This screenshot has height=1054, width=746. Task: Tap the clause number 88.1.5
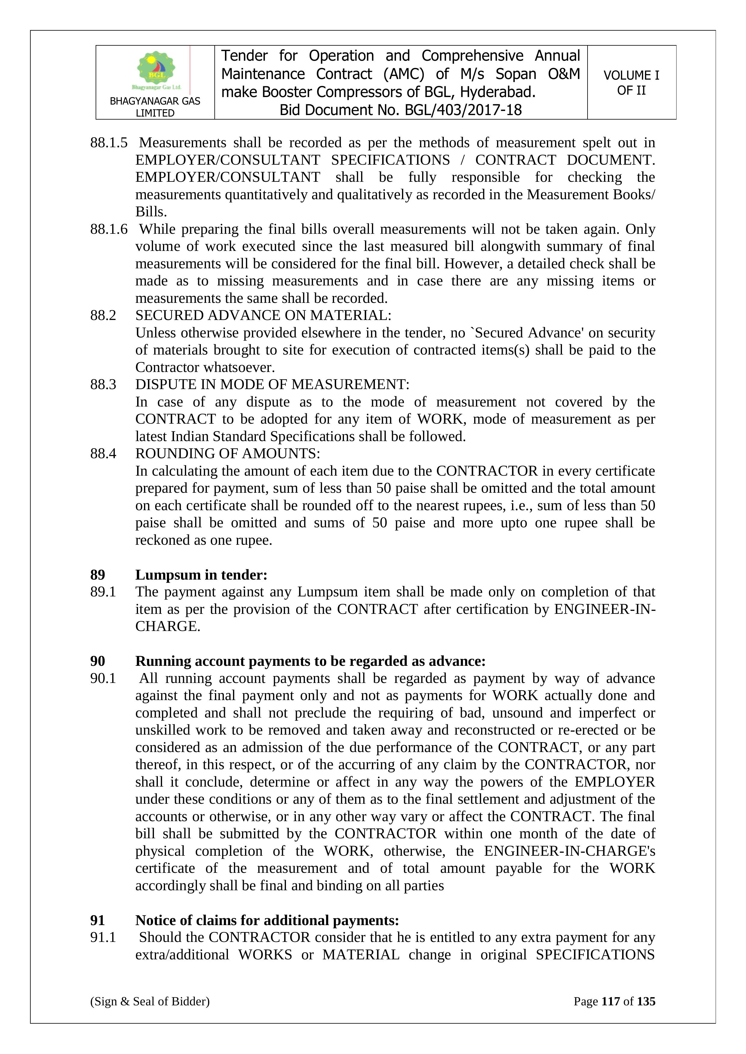(x=109, y=143)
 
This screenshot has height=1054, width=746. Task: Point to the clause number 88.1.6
(x=109, y=229)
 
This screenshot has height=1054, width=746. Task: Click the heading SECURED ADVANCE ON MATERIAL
(x=263, y=315)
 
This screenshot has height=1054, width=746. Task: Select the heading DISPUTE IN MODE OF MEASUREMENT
(x=272, y=384)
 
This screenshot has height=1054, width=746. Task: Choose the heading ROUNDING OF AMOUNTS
(x=227, y=454)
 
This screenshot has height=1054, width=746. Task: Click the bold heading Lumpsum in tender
(x=201, y=575)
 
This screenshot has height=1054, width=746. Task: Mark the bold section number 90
(x=97, y=661)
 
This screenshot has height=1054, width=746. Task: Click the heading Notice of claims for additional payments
(x=267, y=920)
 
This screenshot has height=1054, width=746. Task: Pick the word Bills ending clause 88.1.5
(x=151, y=212)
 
